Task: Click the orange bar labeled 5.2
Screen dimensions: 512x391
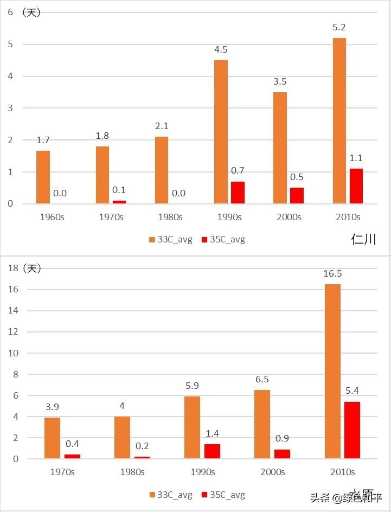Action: [x=339, y=121]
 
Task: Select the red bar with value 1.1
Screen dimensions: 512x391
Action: [x=356, y=186]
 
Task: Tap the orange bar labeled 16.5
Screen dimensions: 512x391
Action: [x=332, y=372]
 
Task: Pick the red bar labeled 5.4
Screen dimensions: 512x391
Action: [x=351, y=430]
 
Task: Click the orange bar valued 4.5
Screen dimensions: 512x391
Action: [x=221, y=132]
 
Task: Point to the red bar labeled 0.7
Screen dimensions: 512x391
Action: [x=238, y=193]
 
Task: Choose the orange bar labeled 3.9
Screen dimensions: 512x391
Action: [x=53, y=438]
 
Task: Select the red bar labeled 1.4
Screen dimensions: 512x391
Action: [x=212, y=451]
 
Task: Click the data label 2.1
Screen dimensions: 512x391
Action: [x=162, y=126]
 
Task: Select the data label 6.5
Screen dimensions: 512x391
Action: [x=262, y=380]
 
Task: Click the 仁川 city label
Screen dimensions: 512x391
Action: [x=363, y=239]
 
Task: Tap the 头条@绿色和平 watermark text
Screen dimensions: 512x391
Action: [x=345, y=497]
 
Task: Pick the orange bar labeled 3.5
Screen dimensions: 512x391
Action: [x=280, y=148]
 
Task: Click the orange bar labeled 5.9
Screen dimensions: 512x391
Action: [x=193, y=427]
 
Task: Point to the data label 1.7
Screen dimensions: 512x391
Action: [x=43, y=140]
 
